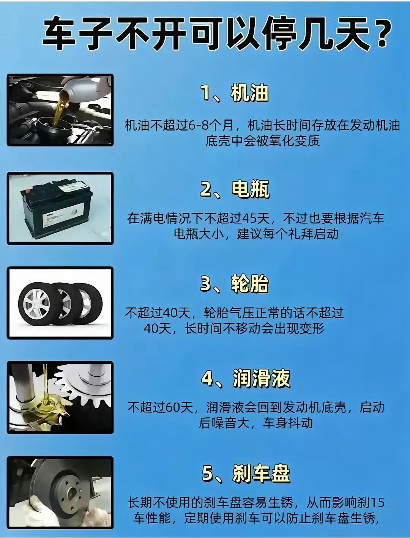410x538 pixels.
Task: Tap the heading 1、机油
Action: click(234, 93)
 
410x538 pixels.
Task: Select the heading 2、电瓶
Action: click(234, 189)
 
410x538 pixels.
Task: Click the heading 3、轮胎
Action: click(234, 284)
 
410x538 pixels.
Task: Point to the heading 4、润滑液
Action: click(246, 378)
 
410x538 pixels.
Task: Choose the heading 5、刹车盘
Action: click(246, 473)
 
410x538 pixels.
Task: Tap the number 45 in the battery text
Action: click(249, 219)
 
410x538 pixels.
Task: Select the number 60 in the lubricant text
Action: click(173, 407)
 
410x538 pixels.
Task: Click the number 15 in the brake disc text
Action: click(377, 503)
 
